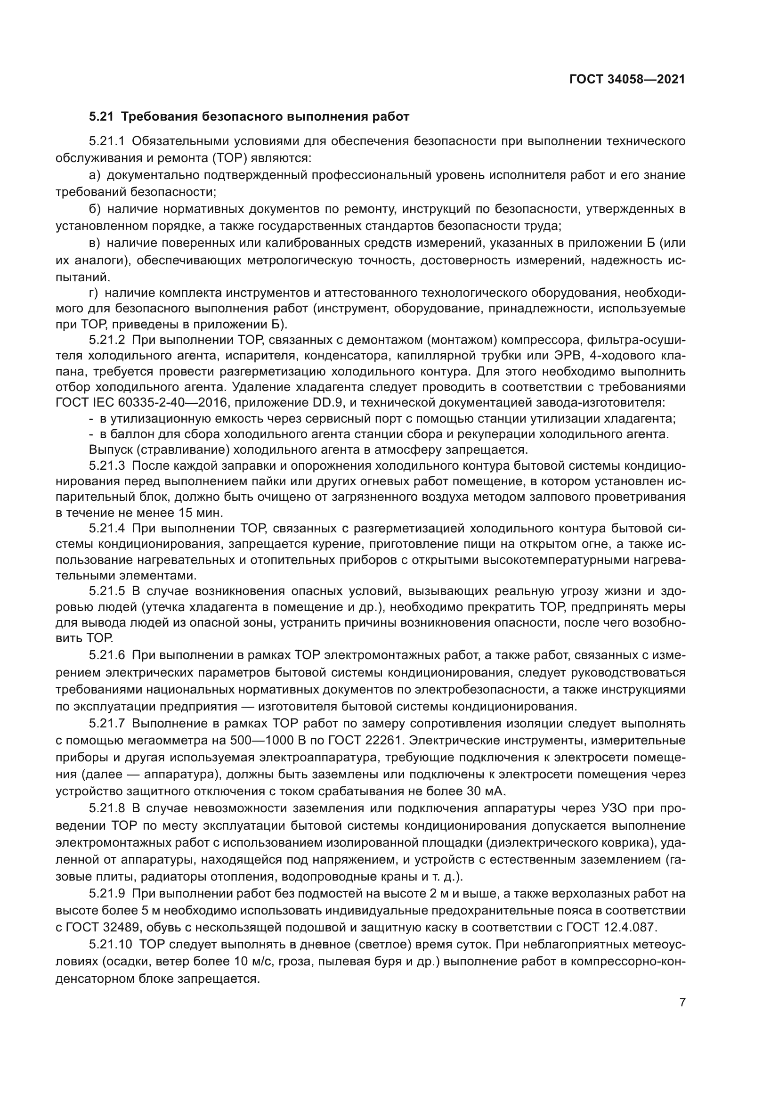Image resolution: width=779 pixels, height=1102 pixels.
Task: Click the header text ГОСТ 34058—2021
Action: [x=627, y=80]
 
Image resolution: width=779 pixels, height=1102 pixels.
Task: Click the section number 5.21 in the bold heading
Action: [x=101, y=117]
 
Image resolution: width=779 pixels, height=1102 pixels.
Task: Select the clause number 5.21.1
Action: [x=107, y=141]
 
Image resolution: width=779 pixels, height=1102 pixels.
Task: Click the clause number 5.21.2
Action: [x=107, y=340]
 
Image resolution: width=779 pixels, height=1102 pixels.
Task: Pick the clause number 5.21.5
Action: [x=107, y=591]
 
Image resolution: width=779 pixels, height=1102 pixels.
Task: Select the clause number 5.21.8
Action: [x=107, y=809]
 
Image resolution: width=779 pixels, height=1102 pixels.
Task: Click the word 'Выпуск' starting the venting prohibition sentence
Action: [x=111, y=450]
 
